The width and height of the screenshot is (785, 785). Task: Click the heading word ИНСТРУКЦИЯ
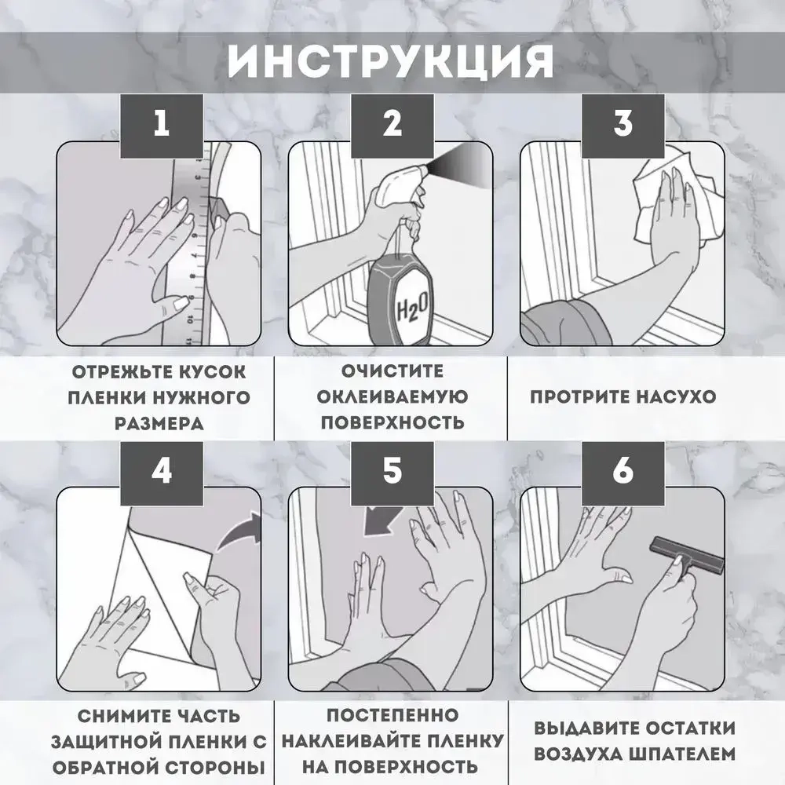pos(391,61)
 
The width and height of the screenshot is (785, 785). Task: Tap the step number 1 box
pos(161,124)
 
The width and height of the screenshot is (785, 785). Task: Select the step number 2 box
pos(392,124)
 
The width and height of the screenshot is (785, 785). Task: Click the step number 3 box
pos(623,124)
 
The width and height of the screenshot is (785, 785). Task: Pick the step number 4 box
pos(161,470)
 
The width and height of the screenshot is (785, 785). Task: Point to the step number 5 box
pos(392,470)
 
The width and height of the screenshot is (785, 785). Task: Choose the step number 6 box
pos(623,470)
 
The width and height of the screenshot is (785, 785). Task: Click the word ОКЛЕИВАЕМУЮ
pos(392,396)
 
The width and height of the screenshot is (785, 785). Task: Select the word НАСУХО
pos(666,396)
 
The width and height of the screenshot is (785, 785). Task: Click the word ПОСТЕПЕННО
pos(392,716)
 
